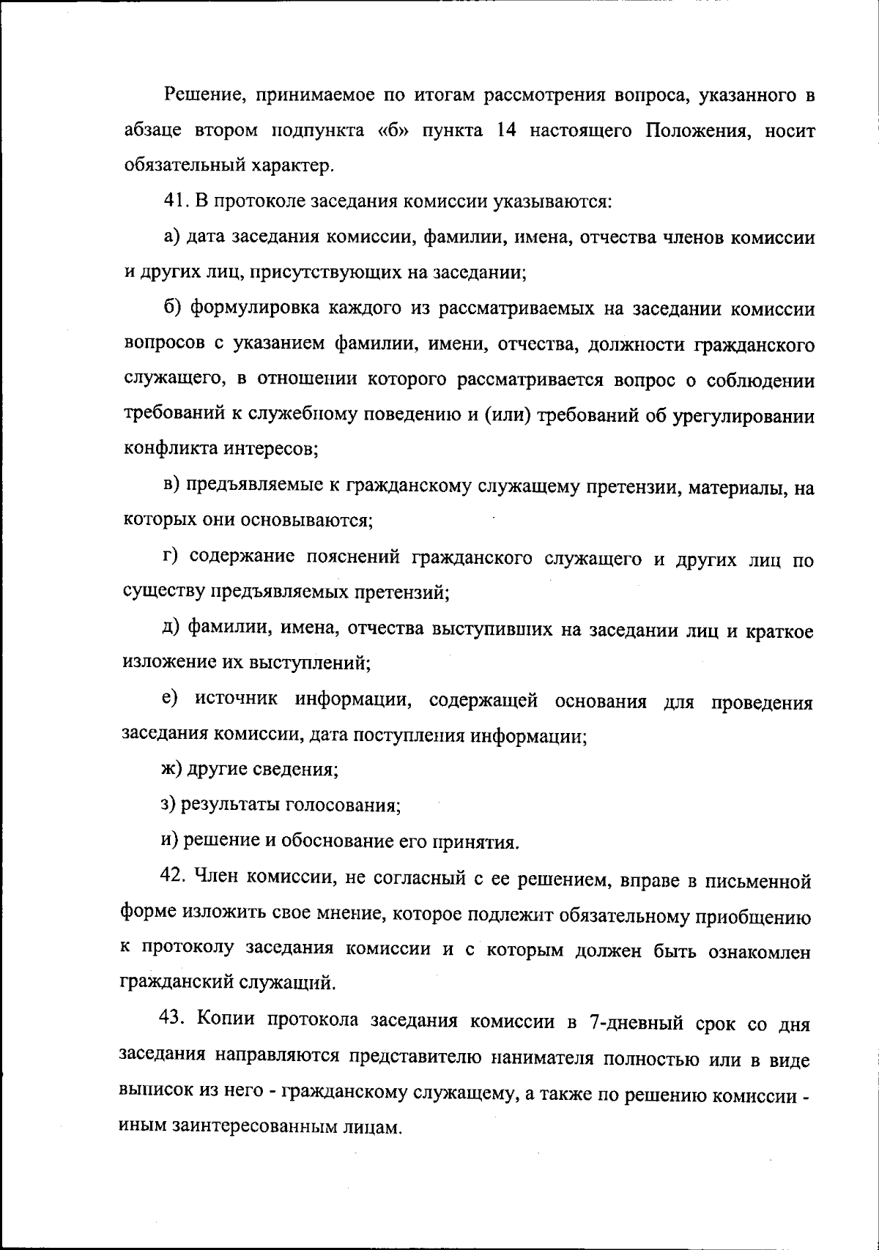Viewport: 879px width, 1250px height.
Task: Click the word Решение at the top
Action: pos(198,96)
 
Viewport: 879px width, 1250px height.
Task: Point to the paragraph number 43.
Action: pos(174,1022)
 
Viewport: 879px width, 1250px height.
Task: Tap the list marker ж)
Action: pos(171,770)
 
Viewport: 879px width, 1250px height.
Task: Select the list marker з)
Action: pos(169,805)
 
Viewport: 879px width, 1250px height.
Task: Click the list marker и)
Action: pos(170,841)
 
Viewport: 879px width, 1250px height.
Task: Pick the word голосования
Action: pos(343,806)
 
